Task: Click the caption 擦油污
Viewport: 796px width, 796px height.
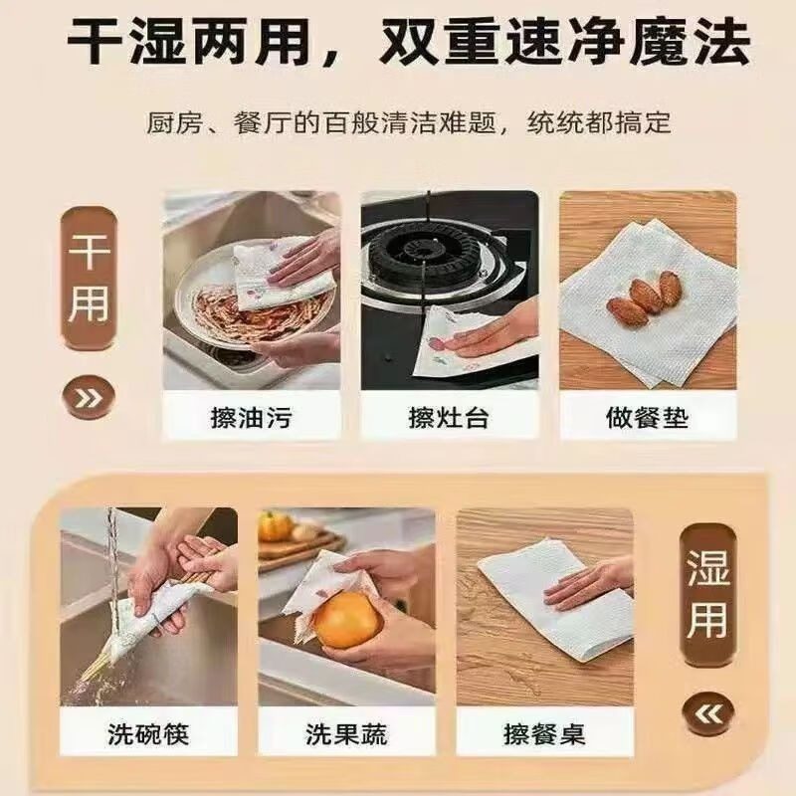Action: [251, 416]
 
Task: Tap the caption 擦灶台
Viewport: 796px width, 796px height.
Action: [449, 416]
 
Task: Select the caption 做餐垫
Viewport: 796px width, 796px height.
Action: [647, 416]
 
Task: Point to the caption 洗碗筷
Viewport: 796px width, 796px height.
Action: [148, 735]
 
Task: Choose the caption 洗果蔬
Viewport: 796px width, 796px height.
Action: [346, 735]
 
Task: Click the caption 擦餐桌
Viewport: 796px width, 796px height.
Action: [544, 735]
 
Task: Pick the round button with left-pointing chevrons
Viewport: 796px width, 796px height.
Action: [707, 711]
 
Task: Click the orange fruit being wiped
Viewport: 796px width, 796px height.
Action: [347, 621]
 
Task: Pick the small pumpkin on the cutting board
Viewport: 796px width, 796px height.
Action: [276, 526]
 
